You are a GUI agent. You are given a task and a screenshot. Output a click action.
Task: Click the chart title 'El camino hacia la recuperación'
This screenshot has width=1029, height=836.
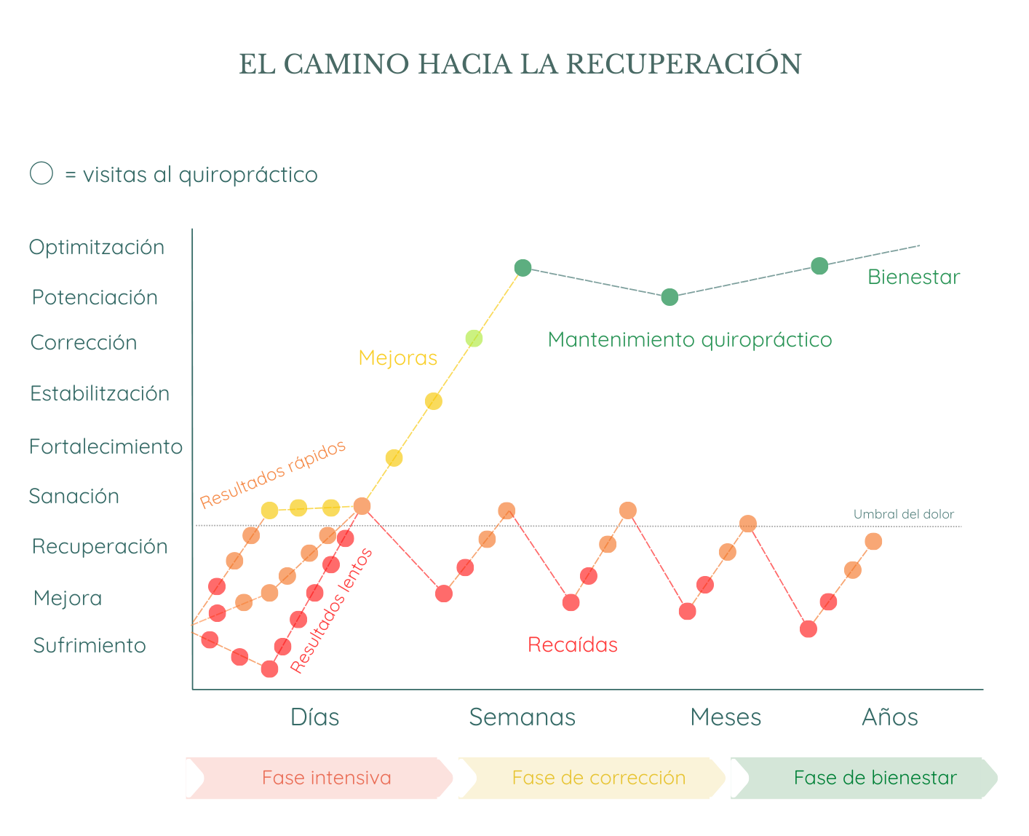pos(520,64)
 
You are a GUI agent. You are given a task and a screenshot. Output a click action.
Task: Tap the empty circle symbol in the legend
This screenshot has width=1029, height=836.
pos(41,173)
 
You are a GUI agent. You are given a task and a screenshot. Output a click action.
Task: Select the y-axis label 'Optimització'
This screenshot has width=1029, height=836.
pos(97,247)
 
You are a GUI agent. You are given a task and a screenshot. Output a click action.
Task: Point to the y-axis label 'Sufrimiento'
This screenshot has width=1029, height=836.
pos(90,645)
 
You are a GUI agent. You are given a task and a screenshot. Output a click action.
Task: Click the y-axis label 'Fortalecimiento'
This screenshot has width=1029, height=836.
pos(106,446)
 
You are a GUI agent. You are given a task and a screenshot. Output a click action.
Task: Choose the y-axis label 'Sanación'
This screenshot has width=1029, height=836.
pos(74,496)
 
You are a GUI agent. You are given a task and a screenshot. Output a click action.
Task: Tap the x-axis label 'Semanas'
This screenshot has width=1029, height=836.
pos(522,717)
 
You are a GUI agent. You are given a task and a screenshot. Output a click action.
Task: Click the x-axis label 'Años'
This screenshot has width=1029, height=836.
pos(889,717)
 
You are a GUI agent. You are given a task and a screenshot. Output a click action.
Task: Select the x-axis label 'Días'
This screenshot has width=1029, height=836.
pos(314,717)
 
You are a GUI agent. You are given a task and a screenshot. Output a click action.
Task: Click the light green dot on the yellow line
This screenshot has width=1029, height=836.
pos(474,339)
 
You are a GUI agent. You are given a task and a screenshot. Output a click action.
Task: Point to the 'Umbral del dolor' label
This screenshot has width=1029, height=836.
pos(903,514)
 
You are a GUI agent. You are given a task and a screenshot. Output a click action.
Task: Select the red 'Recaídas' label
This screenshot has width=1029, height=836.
pos(573,644)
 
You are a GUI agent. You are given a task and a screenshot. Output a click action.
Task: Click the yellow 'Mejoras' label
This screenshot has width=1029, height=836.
pos(397,358)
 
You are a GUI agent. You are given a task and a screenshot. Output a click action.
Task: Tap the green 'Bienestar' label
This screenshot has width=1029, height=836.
pos(913,277)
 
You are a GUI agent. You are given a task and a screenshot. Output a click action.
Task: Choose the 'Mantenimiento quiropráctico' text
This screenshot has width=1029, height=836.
pos(690,339)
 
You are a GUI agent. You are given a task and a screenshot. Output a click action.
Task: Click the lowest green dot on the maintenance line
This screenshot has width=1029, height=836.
pos(670,297)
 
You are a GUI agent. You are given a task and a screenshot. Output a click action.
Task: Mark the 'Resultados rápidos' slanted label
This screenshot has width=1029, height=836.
pos(273,474)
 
